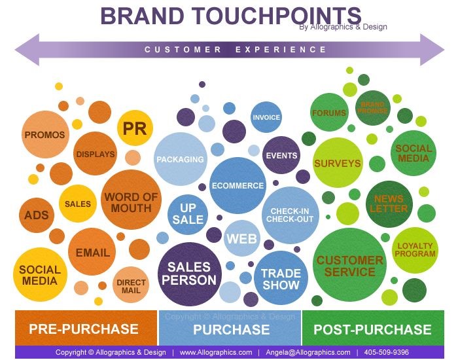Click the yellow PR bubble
point(135,128)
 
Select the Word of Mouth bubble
point(131,200)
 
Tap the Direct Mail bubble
point(131,285)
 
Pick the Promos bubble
point(45,134)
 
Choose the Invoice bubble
point(266,117)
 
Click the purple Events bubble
point(281,155)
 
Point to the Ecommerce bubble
point(238,185)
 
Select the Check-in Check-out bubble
point(290,215)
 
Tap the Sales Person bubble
point(189,274)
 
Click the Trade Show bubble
point(281,278)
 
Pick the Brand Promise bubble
point(372,107)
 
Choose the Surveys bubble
point(338,163)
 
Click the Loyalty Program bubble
point(415,250)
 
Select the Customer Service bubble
point(349,265)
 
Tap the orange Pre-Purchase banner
point(86,328)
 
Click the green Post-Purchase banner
point(373,328)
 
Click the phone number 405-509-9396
point(386,352)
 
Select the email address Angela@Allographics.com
point(308,352)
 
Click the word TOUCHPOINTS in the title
point(276,16)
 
